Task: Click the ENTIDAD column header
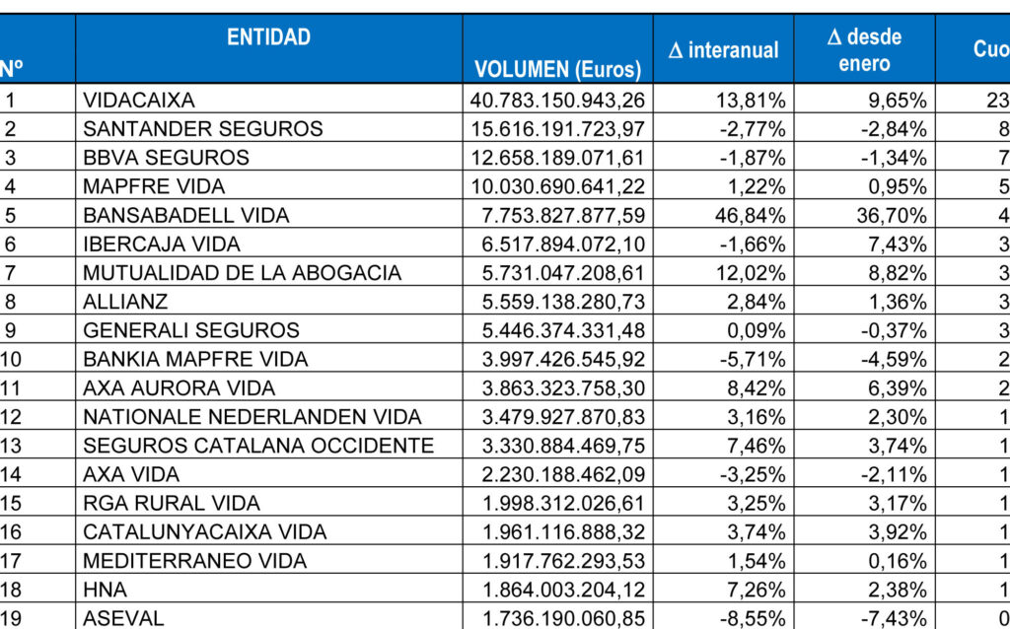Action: pyautogui.click(x=268, y=37)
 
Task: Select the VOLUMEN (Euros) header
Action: pyautogui.click(x=558, y=69)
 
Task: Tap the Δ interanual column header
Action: pyautogui.click(x=723, y=50)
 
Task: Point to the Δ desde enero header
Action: pyautogui.click(x=864, y=50)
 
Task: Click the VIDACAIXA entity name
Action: pyautogui.click(x=139, y=100)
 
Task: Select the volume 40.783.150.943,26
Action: pyautogui.click(x=559, y=100)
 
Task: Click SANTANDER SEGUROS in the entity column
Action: pyautogui.click(x=203, y=128)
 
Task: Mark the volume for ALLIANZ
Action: pyautogui.click(x=559, y=302)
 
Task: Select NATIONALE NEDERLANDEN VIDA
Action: pyautogui.click(x=252, y=417)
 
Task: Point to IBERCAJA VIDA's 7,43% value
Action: pyautogui.click(x=895, y=244)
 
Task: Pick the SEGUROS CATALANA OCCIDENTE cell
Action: pyautogui.click(x=258, y=446)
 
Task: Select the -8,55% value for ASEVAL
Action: pyautogui.click(x=752, y=619)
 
